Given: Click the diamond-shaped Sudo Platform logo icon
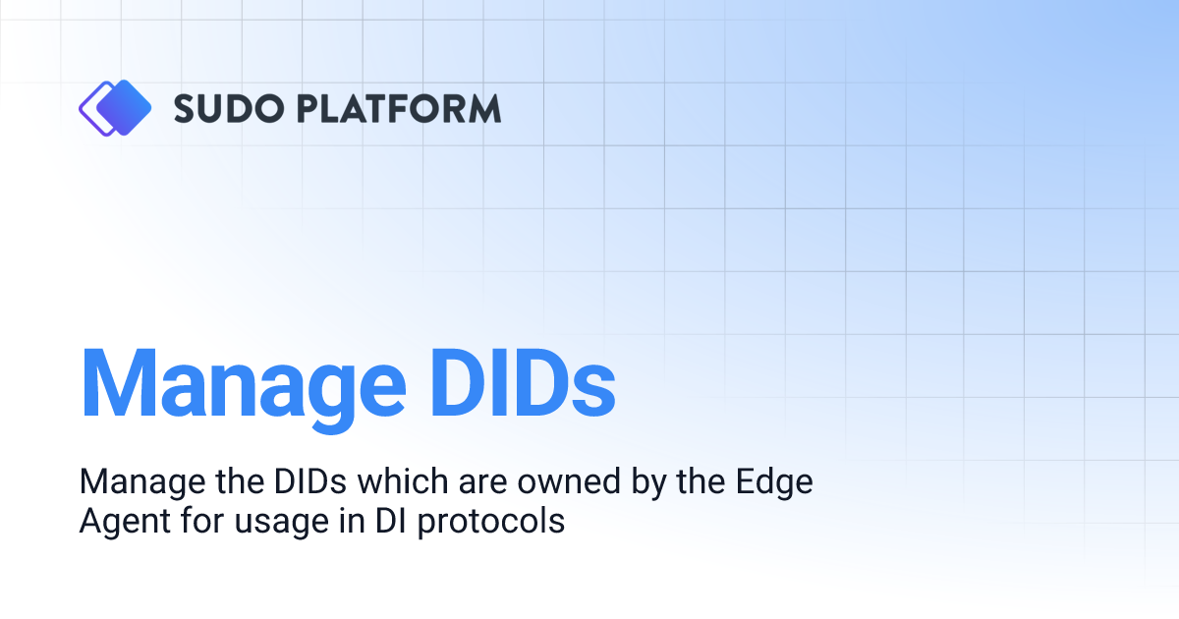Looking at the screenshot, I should (x=115, y=107).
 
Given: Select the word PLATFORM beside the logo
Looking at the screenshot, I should (x=396, y=108).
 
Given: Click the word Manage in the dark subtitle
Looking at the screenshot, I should (x=136, y=482).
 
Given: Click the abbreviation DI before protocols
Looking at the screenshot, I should (x=385, y=521).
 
